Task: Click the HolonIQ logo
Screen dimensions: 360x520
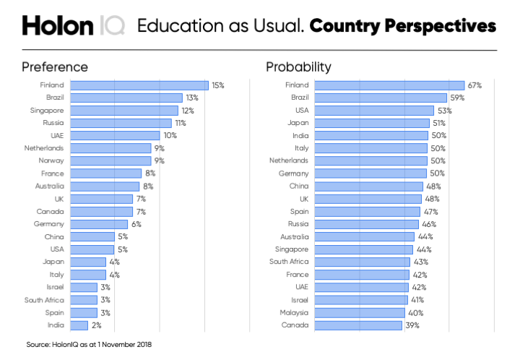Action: coord(72,26)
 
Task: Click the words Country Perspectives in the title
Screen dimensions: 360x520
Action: coord(403,26)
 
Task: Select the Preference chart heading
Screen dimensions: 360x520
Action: coord(55,67)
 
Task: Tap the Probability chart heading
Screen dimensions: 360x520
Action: coord(298,67)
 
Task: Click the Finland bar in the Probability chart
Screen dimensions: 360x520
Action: coord(389,85)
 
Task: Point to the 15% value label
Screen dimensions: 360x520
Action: coord(217,85)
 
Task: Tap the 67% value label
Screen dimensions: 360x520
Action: coord(474,85)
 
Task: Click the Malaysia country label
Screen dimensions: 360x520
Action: coord(294,312)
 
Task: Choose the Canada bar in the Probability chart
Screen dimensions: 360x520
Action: coord(358,325)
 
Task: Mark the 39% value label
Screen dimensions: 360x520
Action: coord(412,325)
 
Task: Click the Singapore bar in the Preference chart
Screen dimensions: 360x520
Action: coord(124,111)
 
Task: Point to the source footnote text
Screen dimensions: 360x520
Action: coord(89,345)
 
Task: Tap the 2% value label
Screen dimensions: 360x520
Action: coord(96,325)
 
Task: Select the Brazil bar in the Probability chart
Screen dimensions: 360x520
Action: coord(381,98)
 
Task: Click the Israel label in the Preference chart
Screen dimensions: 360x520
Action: coord(54,287)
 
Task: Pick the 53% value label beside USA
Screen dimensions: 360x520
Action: coord(445,111)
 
